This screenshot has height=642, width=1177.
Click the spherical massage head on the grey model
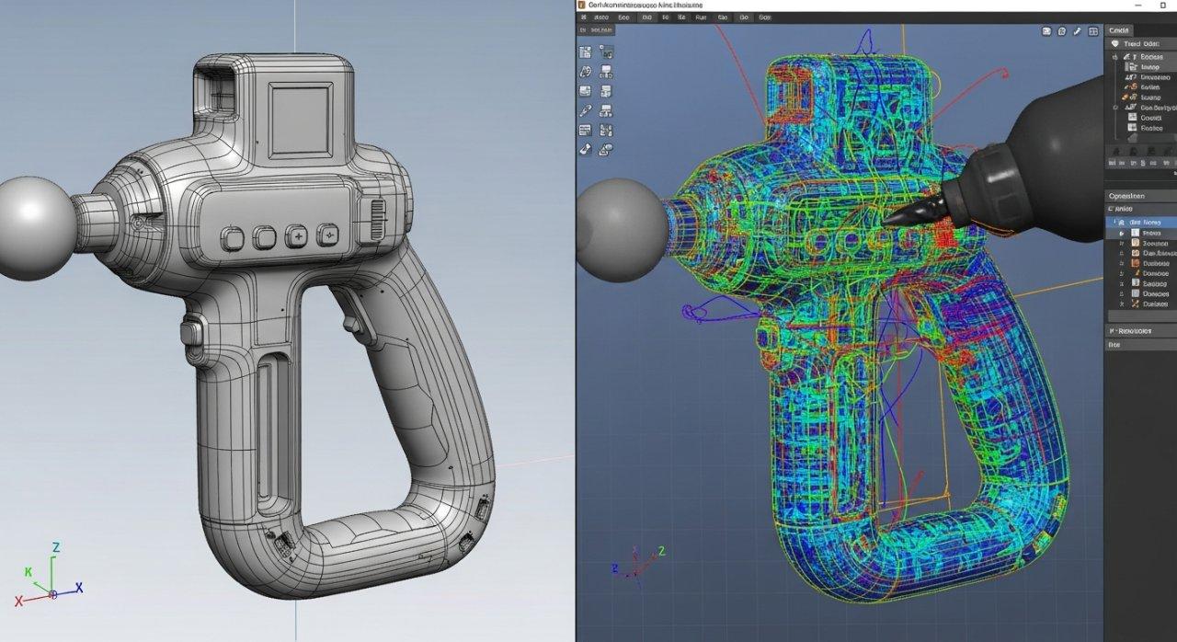tap(32, 227)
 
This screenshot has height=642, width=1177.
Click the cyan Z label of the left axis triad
tap(56, 548)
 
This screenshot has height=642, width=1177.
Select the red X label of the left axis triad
tap(18, 601)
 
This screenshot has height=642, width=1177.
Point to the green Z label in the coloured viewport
tap(662, 551)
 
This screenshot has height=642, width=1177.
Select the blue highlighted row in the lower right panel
tap(1140, 223)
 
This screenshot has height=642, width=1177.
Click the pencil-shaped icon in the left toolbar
tap(586, 110)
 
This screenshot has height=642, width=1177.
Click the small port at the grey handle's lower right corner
tap(482, 507)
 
